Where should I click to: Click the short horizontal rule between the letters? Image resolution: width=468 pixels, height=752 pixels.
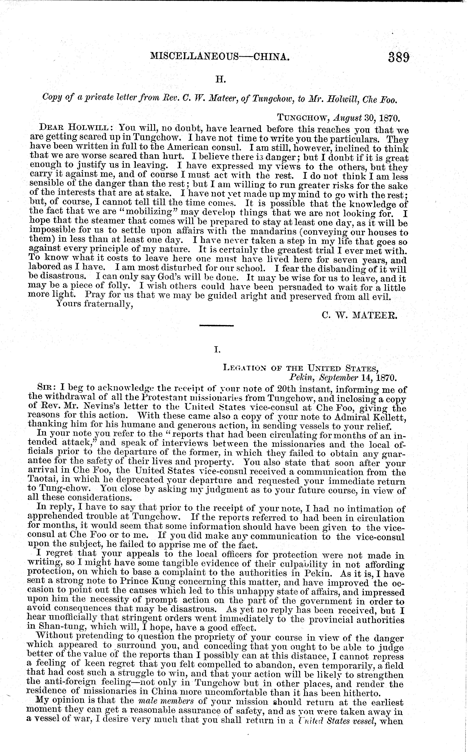tap(216, 326)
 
